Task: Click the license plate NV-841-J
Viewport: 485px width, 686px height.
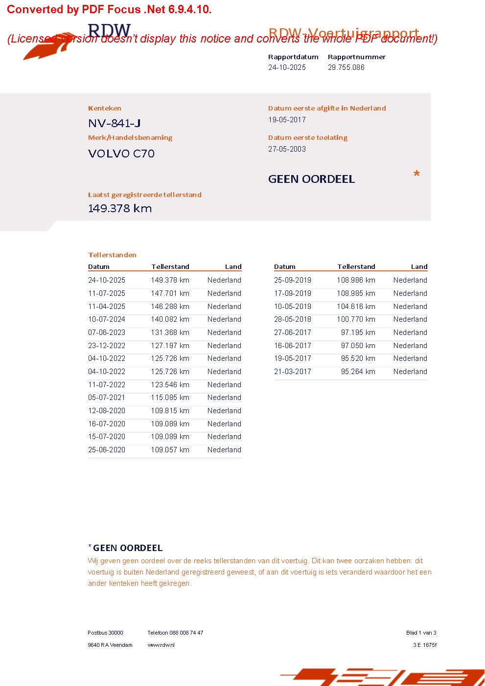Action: tap(115, 123)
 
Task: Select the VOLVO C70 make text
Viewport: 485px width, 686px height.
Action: tap(121, 154)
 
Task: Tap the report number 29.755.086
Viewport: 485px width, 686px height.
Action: tap(346, 67)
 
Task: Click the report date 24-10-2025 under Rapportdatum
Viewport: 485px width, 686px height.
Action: tap(287, 67)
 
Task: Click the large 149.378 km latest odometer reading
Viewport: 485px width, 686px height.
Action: tap(120, 208)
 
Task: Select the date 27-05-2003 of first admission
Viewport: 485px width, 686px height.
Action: tap(287, 149)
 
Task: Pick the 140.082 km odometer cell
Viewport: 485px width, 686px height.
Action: tap(170, 319)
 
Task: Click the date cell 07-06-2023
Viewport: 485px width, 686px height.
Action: tap(107, 332)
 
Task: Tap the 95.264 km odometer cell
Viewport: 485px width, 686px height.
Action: tap(358, 372)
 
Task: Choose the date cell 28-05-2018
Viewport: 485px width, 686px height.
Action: tap(293, 319)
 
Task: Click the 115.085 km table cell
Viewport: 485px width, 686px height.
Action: tap(170, 398)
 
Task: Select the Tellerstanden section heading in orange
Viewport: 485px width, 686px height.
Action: tap(112, 255)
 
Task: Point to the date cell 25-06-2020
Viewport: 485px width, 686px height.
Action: tap(107, 450)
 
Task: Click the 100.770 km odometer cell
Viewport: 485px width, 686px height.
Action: tap(356, 319)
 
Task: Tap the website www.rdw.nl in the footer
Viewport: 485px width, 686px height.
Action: tap(161, 645)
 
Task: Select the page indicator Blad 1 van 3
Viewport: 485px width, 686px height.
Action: tap(421, 633)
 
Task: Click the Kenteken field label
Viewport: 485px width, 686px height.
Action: tap(105, 108)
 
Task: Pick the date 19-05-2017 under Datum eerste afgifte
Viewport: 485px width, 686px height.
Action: tap(287, 120)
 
